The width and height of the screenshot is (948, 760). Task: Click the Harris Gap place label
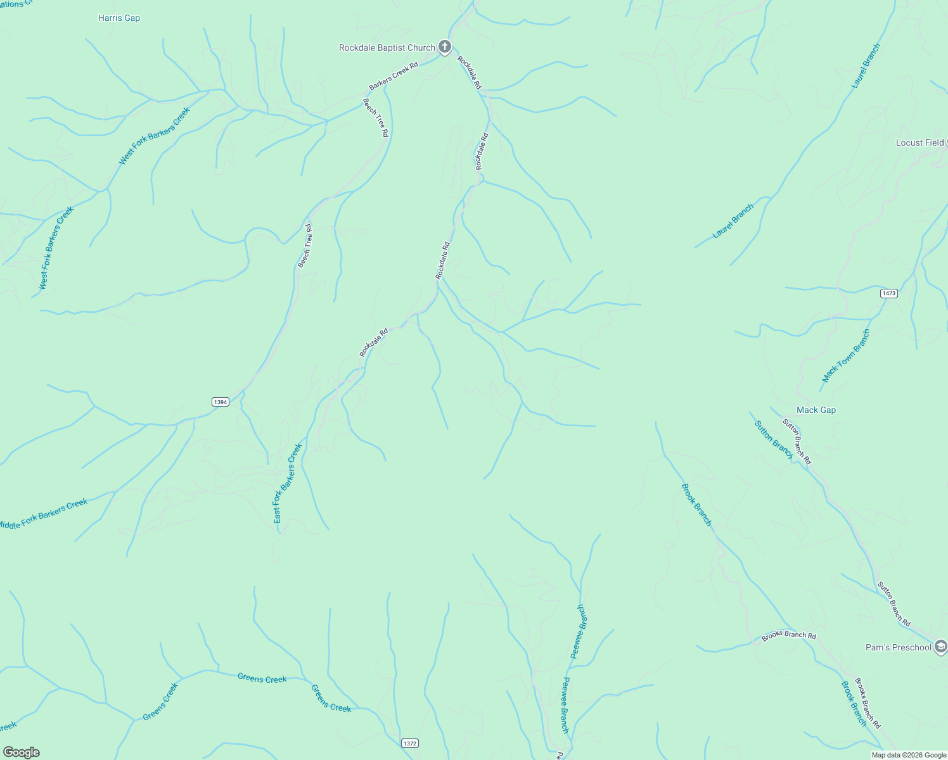click(119, 18)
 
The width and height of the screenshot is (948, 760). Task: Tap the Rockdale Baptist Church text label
click(387, 47)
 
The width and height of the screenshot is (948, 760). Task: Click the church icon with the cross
click(445, 46)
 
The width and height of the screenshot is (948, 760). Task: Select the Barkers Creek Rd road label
click(394, 76)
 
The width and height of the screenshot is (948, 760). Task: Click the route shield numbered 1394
click(220, 402)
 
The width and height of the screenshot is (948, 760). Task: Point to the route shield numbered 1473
click(889, 293)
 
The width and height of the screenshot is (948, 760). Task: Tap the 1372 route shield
click(410, 743)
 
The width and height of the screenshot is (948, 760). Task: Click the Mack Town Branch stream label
click(846, 356)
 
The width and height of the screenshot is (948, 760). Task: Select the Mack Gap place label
click(816, 410)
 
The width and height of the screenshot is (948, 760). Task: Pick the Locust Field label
click(919, 142)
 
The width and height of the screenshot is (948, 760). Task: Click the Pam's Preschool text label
click(899, 647)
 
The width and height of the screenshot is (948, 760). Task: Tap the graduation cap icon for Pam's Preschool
click(941, 647)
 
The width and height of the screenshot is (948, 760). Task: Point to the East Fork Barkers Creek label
click(287, 483)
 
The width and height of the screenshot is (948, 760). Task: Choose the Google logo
click(21, 752)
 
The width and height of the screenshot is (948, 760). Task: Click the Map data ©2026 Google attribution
click(909, 755)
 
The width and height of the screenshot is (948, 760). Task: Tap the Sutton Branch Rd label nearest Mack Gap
click(797, 441)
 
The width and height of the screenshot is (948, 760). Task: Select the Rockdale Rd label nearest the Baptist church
click(470, 73)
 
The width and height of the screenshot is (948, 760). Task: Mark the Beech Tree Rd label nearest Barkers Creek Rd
click(375, 117)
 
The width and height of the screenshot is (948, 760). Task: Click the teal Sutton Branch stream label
click(774, 440)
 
